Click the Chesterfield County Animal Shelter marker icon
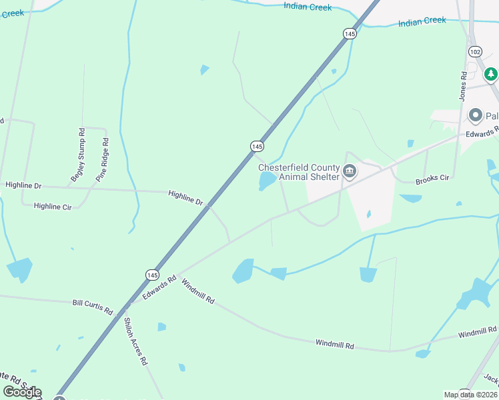point(350,173)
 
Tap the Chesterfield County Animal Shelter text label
point(300,173)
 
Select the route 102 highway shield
point(475,51)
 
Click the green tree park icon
point(491,74)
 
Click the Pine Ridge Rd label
point(102,159)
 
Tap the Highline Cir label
point(52,207)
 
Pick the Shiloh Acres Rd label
point(135,341)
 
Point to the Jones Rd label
point(462,87)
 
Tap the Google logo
point(22,392)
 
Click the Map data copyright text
point(471,395)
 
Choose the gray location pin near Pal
point(475,115)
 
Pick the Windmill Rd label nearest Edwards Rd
point(197,291)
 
